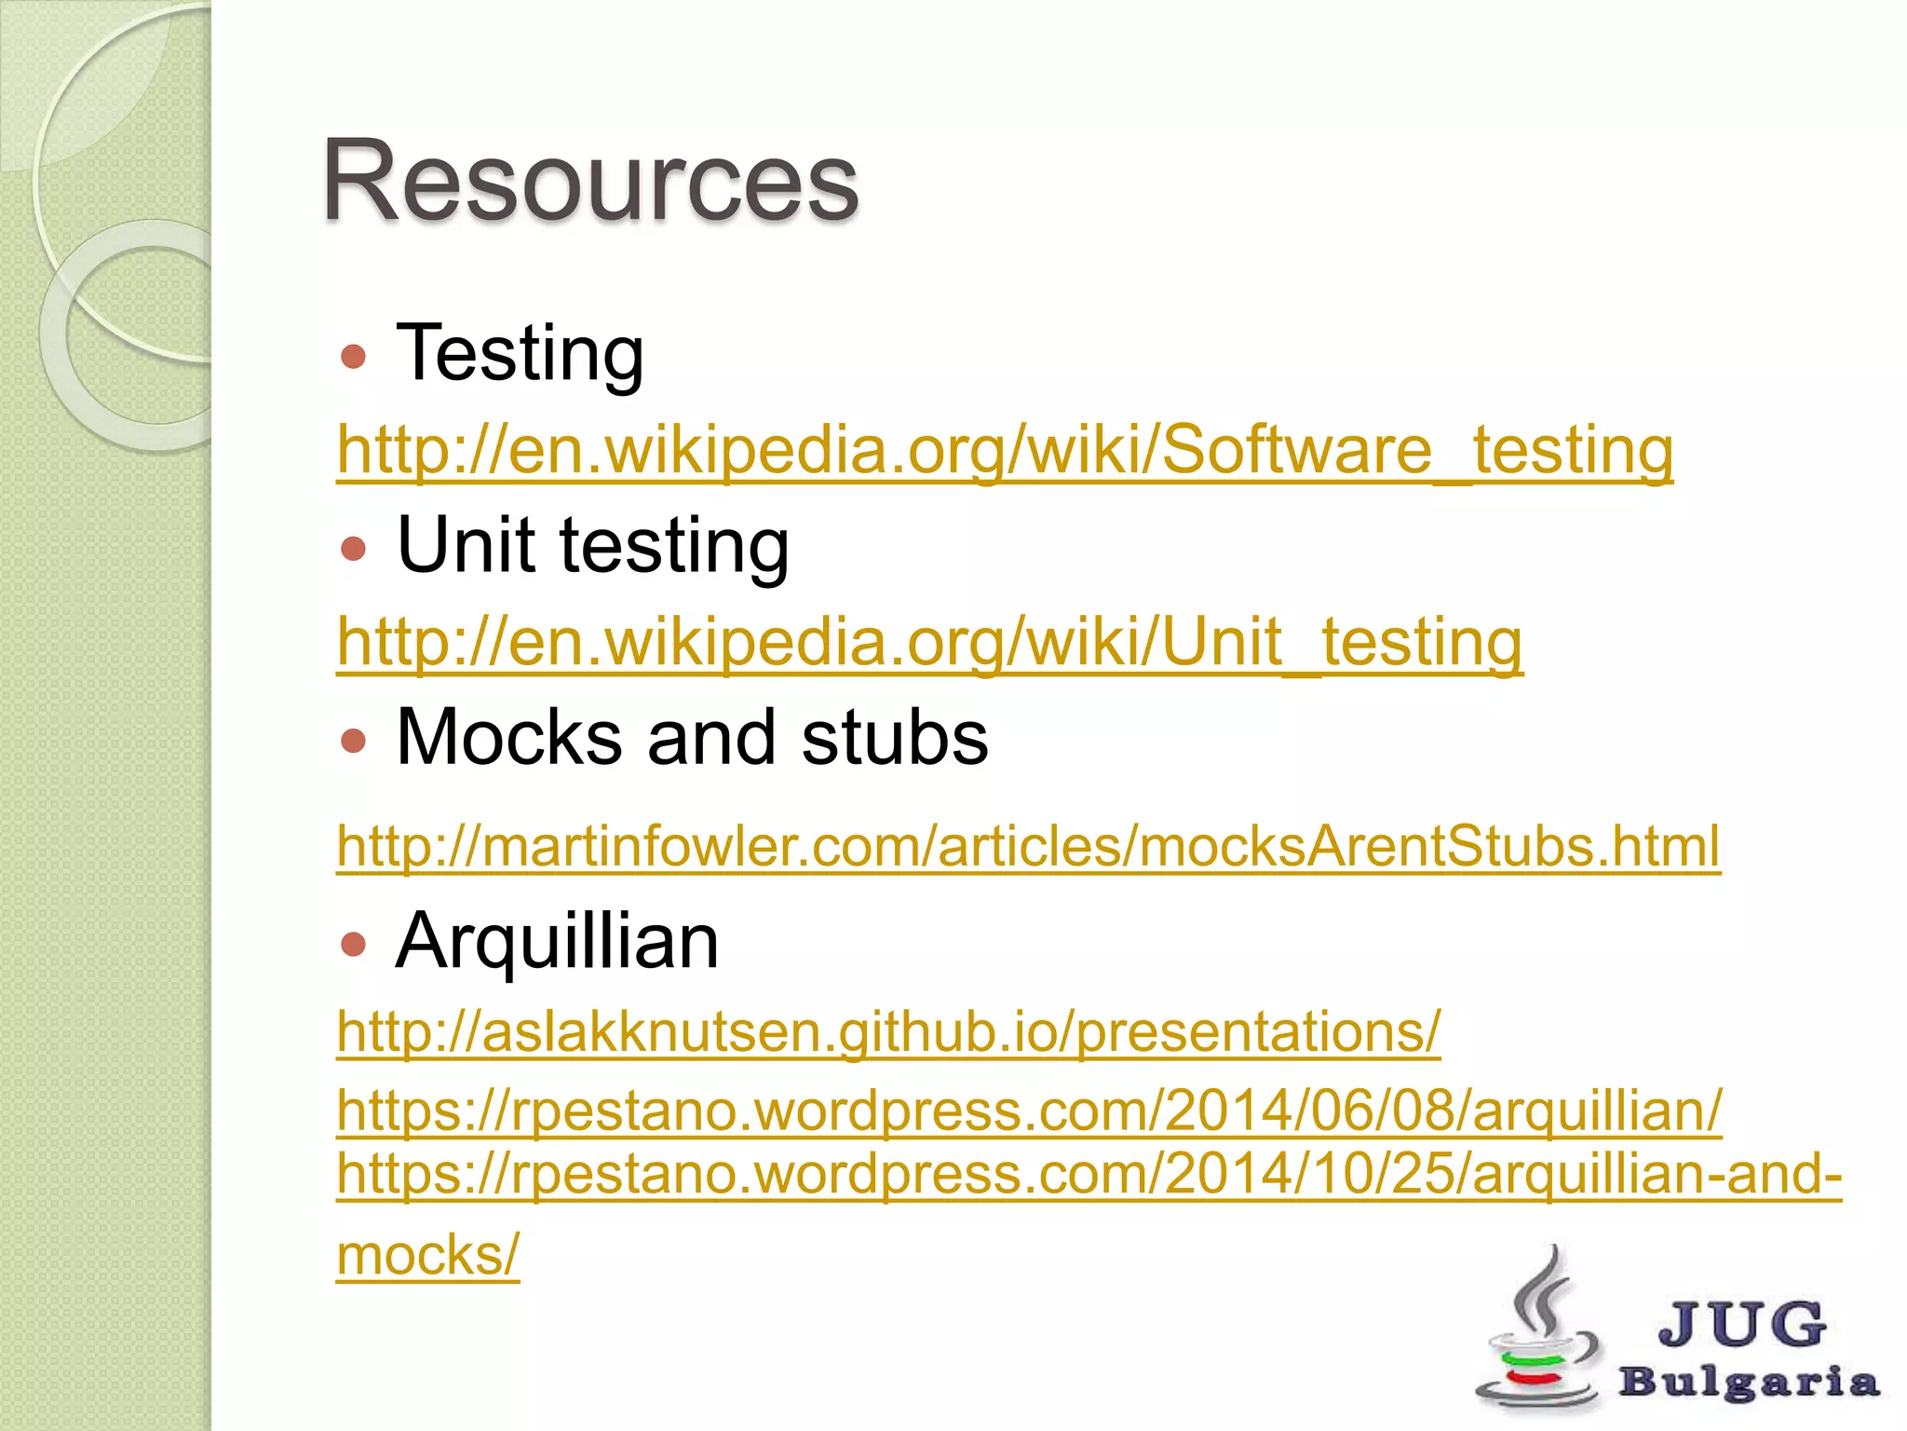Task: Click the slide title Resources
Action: pyautogui.click(x=589, y=181)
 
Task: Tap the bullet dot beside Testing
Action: pyautogui.click(x=353, y=357)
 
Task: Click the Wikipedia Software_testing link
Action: pyautogui.click(x=1005, y=450)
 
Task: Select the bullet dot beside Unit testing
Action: pyautogui.click(x=353, y=548)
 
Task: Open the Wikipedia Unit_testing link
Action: pyautogui.click(x=929, y=642)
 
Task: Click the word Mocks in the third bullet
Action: pyautogui.click(x=507, y=737)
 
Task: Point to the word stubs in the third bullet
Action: pyautogui.click(x=894, y=737)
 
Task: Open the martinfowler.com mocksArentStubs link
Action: pyautogui.click(x=1028, y=846)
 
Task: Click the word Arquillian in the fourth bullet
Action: pyautogui.click(x=557, y=941)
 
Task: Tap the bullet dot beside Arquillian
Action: pyautogui.click(x=353, y=946)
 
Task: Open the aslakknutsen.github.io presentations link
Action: pyautogui.click(x=888, y=1031)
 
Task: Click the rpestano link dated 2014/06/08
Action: pyautogui.click(x=1029, y=1111)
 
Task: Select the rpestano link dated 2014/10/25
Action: pyautogui.click(x=1089, y=1174)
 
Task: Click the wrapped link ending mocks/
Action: pyautogui.click(x=427, y=1255)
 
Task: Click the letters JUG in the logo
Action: pyautogui.click(x=1741, y=1323)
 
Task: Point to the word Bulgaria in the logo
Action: pyautogui.click(x=1749, y=1382)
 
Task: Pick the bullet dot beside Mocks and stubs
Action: pyautogui.click(x=353, y=741)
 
